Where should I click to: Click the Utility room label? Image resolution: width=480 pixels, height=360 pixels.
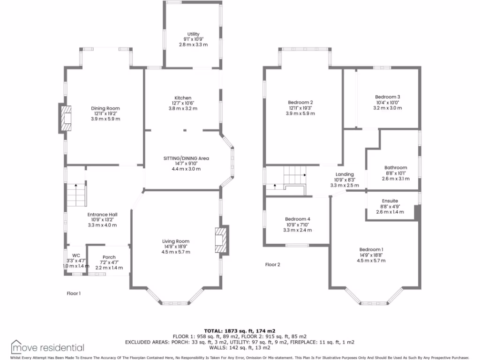pyautogui.click(x=193, y=34)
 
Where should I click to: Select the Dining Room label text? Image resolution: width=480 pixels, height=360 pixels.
pyautogui.click(x=105, y=108)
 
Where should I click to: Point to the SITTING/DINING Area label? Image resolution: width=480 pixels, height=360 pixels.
pyautogui.click(x=186, y=158)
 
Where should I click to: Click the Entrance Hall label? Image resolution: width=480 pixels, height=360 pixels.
pyautogui.click(x=102, y=215)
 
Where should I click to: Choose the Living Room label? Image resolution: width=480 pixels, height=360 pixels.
pyautogui.click(x=176, y=241)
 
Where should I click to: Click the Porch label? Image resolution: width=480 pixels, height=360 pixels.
pyautogui.click(x=109, y=257)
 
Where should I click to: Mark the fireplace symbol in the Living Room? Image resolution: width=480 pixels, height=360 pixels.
pyautogui.click(x=221, y=240)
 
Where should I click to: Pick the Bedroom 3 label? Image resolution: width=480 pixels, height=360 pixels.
pyautogui.click(x=387, y=97)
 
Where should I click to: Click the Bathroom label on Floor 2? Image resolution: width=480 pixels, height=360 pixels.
pyautogui.click(x=396, y=167)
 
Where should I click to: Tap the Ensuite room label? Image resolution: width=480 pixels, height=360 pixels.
pyautogui.click(x=390, y=201)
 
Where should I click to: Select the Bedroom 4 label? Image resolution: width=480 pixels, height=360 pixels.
pyautogui.click(x=297, y=219)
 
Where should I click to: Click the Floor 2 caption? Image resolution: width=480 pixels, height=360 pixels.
pyautogui.click(x=272, y=264)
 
